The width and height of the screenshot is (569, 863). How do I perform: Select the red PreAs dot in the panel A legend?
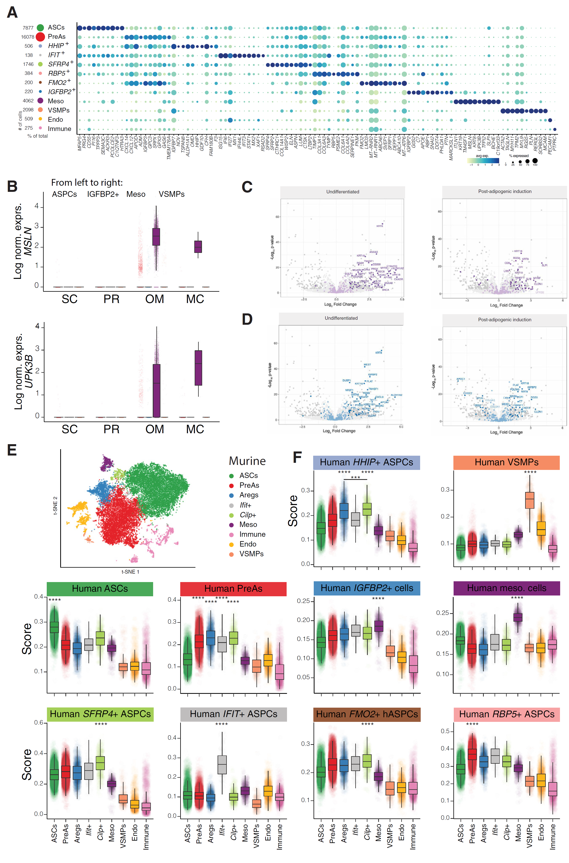(40, 37)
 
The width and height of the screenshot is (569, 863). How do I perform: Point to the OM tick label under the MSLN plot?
(155, 299)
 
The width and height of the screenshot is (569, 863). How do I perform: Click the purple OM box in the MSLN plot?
(156, 237)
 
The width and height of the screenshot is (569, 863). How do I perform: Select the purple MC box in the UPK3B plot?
(198, 368)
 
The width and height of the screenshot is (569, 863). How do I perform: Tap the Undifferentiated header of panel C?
(342, 192)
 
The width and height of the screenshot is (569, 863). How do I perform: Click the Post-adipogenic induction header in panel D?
(504, 320)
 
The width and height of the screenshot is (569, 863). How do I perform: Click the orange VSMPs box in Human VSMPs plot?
(530, 500)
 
